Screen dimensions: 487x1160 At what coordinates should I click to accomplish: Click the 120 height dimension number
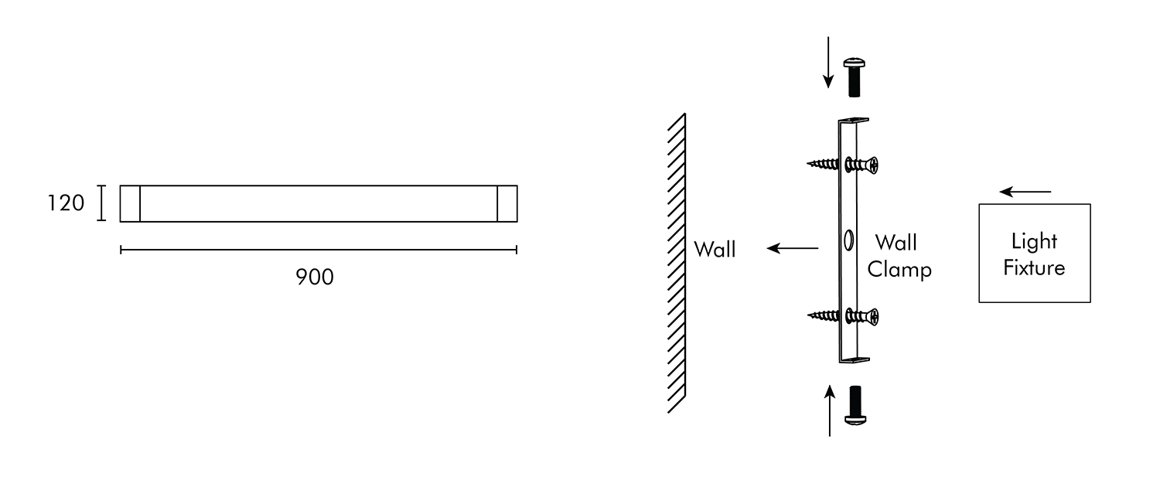point(66,203)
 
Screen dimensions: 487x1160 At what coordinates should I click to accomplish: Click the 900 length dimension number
point(315,277)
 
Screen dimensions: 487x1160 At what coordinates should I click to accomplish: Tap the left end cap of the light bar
point(130,203)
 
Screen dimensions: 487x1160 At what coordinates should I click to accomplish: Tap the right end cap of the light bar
point(507,203)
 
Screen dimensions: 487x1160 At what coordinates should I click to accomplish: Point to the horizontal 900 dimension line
point(318,249)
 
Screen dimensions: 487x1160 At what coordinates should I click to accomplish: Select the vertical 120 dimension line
point(101,203)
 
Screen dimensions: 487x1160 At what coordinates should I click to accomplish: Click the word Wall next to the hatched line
point(715,249)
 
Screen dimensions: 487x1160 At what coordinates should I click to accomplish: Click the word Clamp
point(899,270)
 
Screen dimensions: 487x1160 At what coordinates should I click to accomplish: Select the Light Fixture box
point(1034,253)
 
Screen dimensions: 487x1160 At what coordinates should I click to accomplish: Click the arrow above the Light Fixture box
point(1025,191)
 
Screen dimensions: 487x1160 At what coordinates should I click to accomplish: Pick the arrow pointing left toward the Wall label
point(793,248)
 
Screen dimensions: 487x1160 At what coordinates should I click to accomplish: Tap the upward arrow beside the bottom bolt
point(830,410)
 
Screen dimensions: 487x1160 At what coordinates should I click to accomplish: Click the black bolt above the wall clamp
point(854,76)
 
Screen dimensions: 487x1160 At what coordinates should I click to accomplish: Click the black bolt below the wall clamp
point(855,404)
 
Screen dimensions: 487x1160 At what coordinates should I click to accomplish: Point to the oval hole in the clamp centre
point(848,240)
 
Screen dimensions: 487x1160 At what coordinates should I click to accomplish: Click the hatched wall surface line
point(677,263)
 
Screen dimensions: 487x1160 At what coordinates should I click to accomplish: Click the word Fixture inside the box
point(1034,267)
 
